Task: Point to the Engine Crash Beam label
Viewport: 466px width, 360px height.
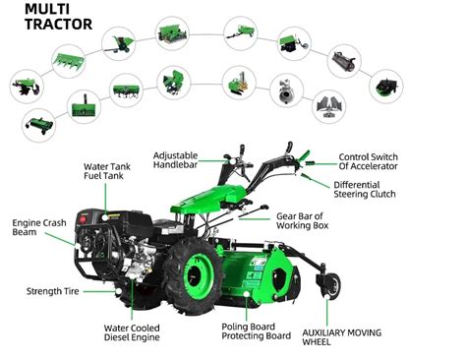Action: pos(33,228)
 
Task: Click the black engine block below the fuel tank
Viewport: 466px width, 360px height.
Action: pos(138,246)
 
